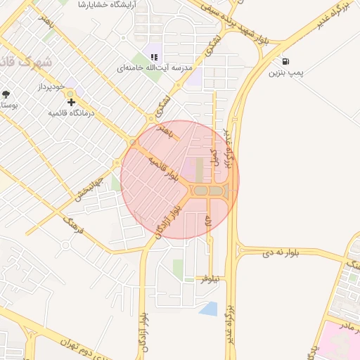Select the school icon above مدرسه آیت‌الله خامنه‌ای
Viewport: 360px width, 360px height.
click(x=154, y=57)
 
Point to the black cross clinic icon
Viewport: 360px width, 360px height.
click(x=71, y=103)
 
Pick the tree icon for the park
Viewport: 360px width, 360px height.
click(x=6, y=94)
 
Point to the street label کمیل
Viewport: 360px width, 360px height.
click(x=215, y=157)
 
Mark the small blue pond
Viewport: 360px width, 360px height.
click(x=209, y=308)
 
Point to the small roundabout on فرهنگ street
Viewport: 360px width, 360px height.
click(x=65, y=245)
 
